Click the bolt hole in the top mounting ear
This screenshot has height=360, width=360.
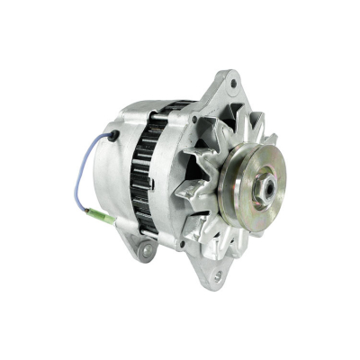point(233,85)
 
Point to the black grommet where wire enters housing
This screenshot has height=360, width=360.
point(113,136)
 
